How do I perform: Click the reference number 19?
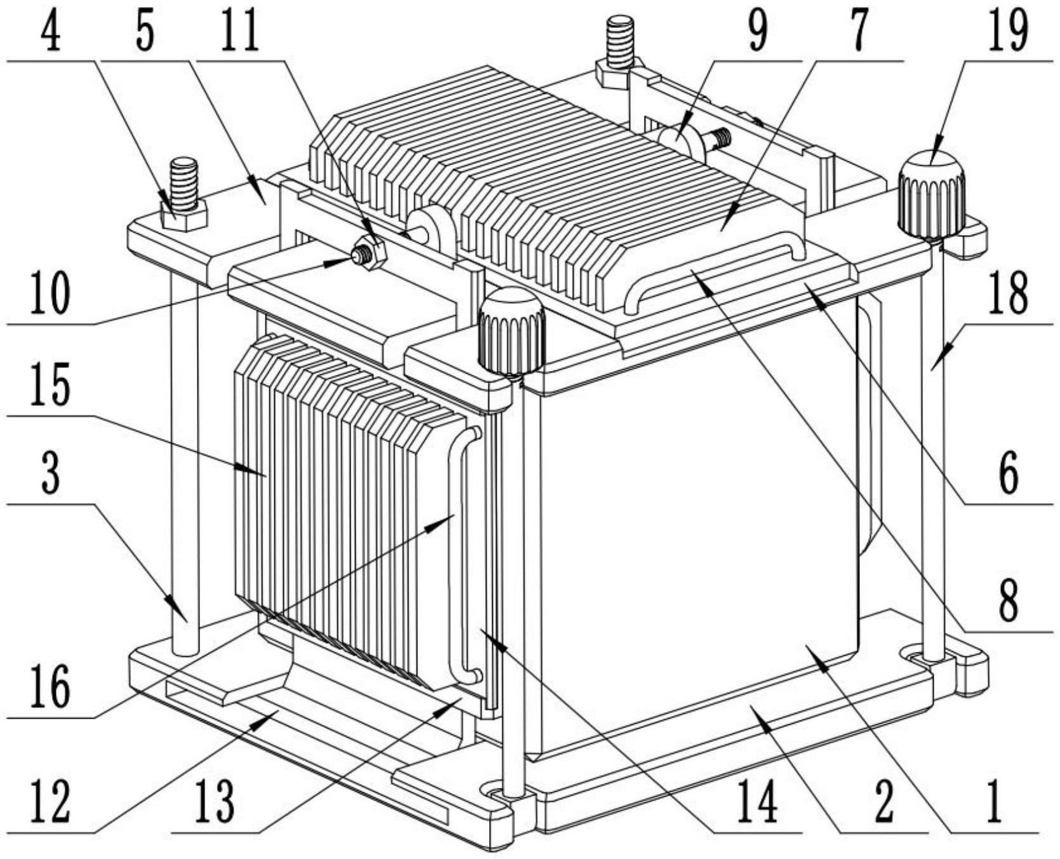pos(1009,30)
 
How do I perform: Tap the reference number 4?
pos(51,30)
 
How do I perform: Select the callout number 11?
pos(239,30)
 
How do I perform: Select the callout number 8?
pos(1009,600)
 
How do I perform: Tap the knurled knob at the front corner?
pos(511,332)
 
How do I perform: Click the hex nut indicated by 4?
pos(184,216)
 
